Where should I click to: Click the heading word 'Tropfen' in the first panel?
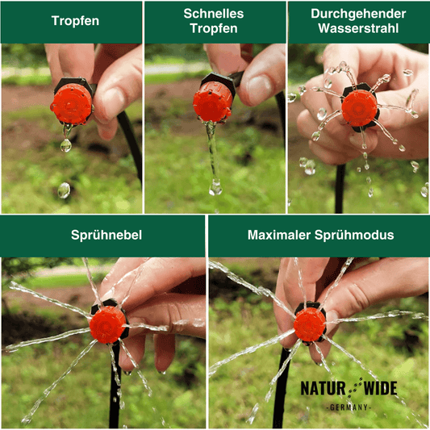[x=75, y=21]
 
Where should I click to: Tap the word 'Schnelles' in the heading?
[x=214, y=14]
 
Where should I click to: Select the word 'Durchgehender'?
[x=358, y=14]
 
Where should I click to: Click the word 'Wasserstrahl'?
[x=358, y=28]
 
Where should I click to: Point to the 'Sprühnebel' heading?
[x=106, y=235]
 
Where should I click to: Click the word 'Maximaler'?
[x=279, y=235]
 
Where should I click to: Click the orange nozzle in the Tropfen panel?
[x=72, y=104]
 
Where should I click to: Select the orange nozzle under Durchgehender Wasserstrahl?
[x=359, y=108]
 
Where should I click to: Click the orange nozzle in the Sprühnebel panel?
[x=107, y=325]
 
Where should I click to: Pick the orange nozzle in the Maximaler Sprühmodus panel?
[x=309, y=324]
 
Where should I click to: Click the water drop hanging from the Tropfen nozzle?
[x=66, y=144]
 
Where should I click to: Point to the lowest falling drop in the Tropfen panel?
[x=64, y=190]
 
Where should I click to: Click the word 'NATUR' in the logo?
[x=323, y=388]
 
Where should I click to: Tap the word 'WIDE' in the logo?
[x=380, y=388]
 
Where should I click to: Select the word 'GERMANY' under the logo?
[x=349, y=407]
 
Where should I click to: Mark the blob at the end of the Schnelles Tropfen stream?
[x=215, y=188]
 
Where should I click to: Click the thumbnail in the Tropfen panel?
[x=112, y=102]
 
